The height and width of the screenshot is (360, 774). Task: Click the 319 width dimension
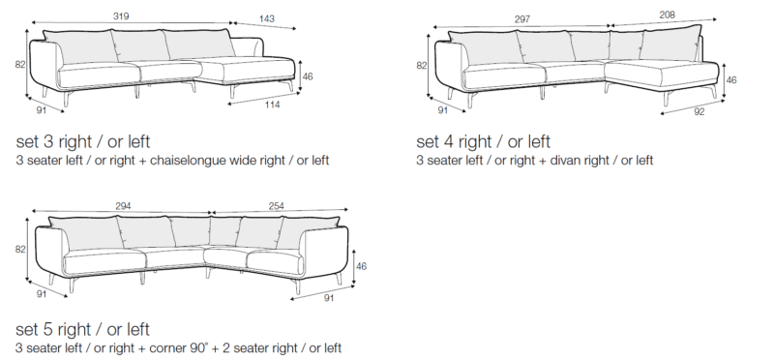[121, 16]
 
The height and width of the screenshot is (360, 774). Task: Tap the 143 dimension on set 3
[267, 18]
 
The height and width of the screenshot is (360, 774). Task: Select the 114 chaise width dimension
[272, 105]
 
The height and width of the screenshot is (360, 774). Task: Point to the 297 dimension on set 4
[521, 19]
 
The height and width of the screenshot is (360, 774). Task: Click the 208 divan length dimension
[667, 15]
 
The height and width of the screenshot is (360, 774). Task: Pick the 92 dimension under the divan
[700, 111]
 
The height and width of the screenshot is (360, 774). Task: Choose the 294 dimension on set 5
[123, 206]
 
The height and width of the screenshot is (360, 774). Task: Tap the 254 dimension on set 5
[276, 206]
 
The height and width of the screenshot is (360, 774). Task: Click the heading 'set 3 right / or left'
[83, 141]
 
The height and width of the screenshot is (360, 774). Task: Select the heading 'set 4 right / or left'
[483, 141]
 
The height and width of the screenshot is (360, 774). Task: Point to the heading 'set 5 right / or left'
[82, 329]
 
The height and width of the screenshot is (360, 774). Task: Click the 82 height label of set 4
[422, 65]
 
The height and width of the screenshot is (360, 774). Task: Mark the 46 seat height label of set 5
[361, 266]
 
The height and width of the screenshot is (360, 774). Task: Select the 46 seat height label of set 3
[308, 76]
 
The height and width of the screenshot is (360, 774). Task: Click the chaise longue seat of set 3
[247, 68]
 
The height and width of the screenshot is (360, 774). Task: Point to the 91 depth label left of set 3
[41, 110]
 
